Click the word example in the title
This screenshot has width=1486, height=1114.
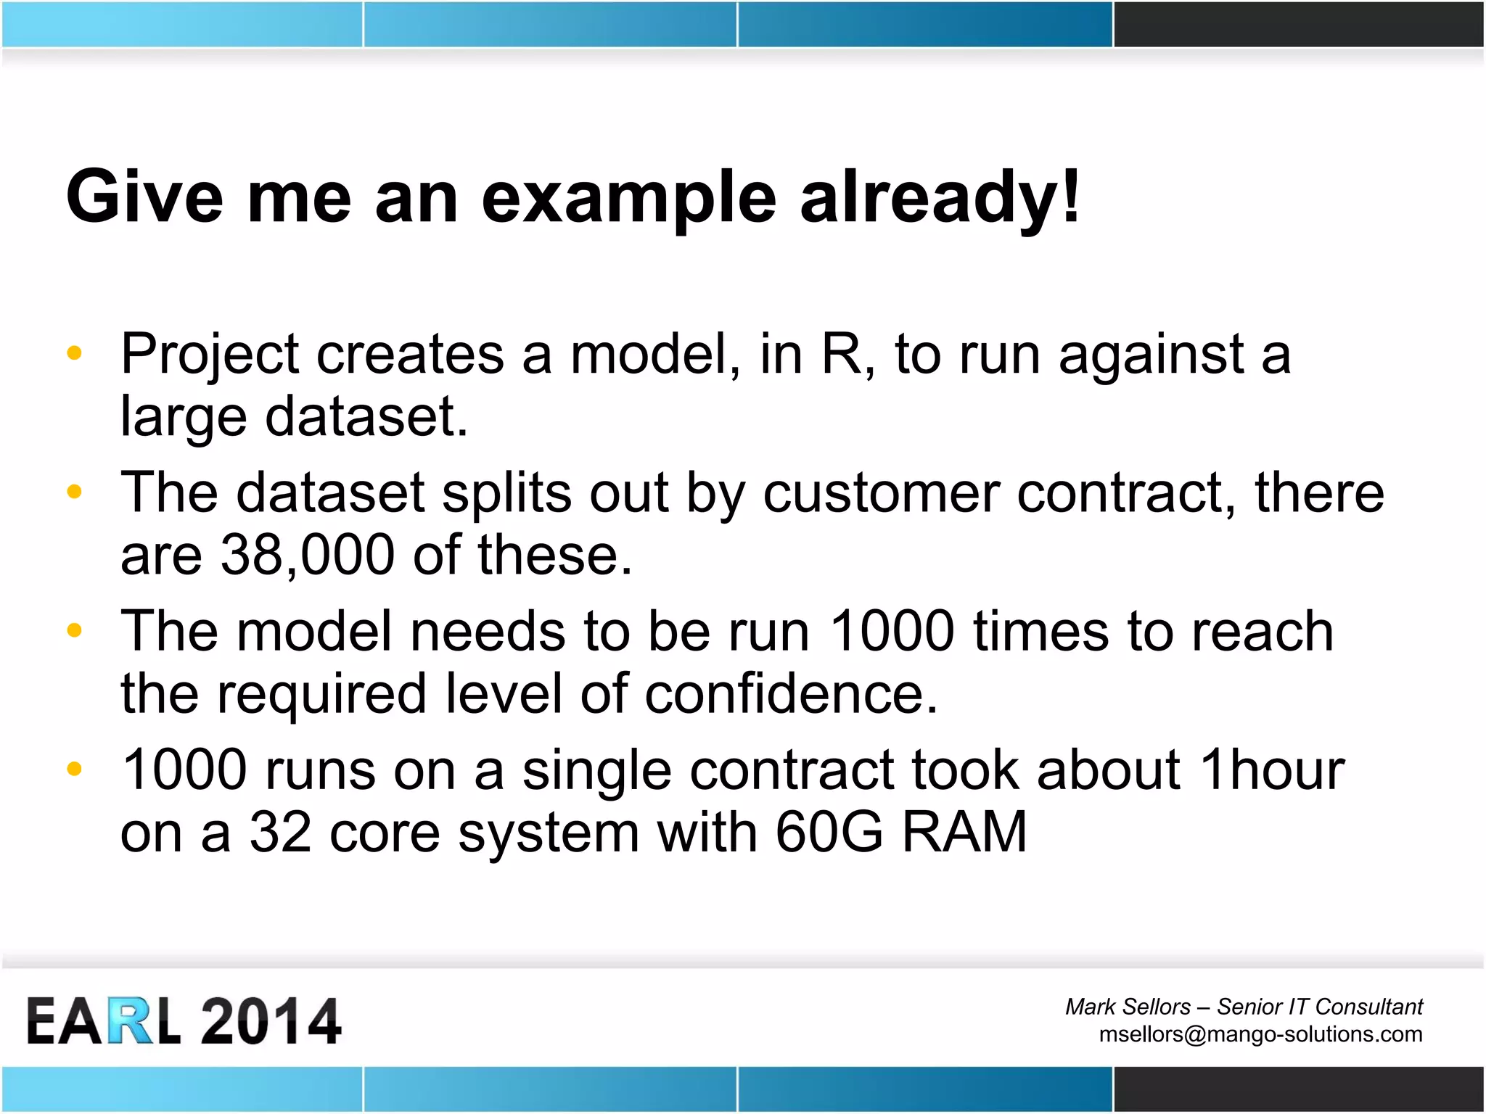click(x=628, y=197)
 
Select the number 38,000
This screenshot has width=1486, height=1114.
click(x=307, y=556)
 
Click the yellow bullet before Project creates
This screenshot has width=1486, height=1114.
click(x=74, y=353)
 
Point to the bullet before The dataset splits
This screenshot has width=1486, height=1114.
click(x=74, y=492)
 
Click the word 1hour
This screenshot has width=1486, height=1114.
click(x=1272, y=770)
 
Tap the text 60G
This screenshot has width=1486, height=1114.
click(x=829, y=833)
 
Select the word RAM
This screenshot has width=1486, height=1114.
click(x=964, y=833)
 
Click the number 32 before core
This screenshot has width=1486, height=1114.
click(x=280, y=833)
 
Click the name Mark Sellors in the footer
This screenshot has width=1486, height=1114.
click(x=1128, y=1007)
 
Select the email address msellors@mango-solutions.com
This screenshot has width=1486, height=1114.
click(x=1260, y=1033)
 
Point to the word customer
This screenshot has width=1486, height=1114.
click(x=880, y=493)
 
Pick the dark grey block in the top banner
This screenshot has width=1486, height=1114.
click(x=1298, y=25)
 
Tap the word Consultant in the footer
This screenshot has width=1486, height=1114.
click(x=1368, y=1007)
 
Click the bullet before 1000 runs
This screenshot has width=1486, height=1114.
click(x=74, y=769)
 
